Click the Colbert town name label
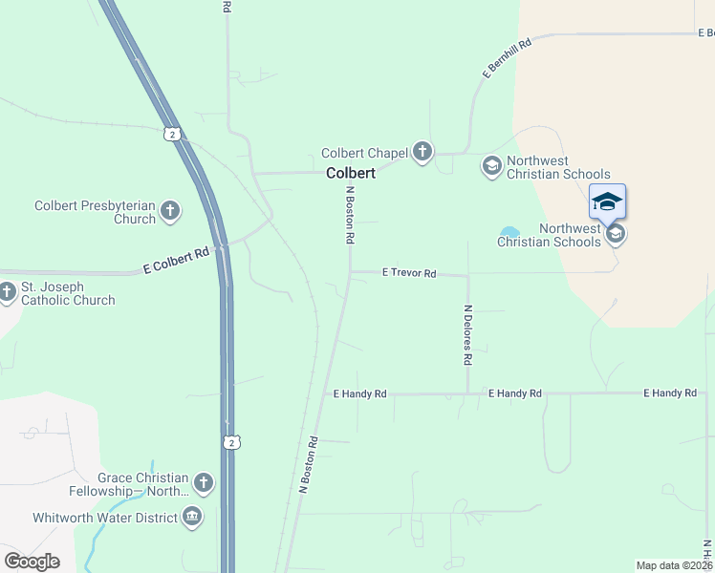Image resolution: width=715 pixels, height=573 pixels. (x=350, y=174)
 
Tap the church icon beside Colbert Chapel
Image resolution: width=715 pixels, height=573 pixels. (x=422, y=152)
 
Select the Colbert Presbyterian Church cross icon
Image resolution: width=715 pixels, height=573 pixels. (x=170, y=211)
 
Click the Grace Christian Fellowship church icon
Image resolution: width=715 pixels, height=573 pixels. (x=203, y=483)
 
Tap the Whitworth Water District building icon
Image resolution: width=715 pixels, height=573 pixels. (x=192, y=518)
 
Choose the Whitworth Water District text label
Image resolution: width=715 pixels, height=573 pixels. (x=105, y=518)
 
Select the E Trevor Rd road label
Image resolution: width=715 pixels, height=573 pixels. (x=408, y=273)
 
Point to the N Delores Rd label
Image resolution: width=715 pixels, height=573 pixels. (x=467, y=336)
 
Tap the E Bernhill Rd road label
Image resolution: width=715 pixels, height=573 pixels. (x=506, y=56)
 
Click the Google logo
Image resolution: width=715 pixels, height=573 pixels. (x=32, y=561)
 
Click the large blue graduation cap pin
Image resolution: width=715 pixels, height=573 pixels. (x=607, y=202)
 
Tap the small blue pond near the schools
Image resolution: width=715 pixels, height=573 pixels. (x=509, y=232)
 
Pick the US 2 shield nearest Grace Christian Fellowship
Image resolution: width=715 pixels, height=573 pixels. (x=229, y=441)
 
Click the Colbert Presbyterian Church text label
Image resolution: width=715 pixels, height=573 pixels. (x=95, y=212)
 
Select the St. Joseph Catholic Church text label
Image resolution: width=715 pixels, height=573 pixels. (x=68, y=293)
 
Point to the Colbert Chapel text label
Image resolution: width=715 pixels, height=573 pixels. (x=365, y=153)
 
